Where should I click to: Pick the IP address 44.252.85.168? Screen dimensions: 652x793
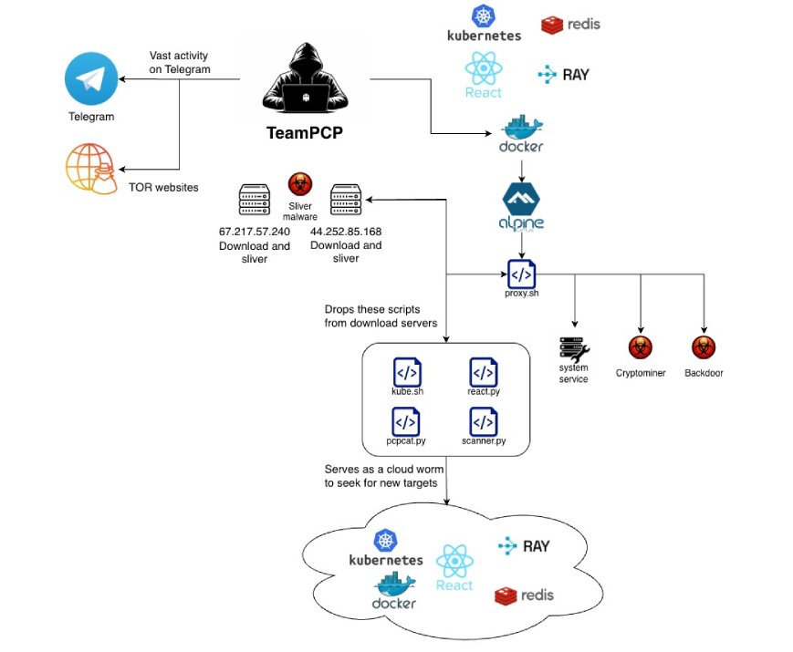tap(346, 232)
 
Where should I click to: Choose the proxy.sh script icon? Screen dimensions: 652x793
tap(521, 274)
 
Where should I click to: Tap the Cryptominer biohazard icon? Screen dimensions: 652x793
tap(640, 347)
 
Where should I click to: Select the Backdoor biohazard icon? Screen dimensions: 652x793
tap(703, 347)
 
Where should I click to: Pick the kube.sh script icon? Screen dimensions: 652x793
tap(407, 372)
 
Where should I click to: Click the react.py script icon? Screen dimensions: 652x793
tap(484, 372)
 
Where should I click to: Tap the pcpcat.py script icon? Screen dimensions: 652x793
tap(407, 421)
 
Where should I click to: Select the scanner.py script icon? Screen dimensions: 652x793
tap(484, 421)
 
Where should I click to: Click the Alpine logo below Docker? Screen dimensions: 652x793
tap(521, 206)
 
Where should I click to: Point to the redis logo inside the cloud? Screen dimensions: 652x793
tap(524, 596)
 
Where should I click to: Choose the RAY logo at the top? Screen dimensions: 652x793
tap(564, 75)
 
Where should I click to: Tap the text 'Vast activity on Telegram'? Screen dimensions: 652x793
tap(180, 63)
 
